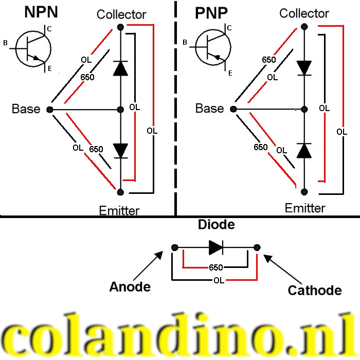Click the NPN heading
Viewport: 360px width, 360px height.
pos(42,13)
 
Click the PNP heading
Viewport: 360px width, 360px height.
pos(211,13)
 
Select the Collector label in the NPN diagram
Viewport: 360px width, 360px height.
pos(121,14)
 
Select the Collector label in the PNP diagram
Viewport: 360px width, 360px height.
pos(304,13)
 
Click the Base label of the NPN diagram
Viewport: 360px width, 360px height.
pos(26,109)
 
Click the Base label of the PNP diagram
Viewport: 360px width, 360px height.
pos(209,109)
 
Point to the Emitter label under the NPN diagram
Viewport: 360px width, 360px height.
pos(119,210)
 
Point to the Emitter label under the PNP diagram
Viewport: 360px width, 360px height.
pos(305,208)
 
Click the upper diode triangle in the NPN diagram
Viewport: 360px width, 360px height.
pos(120,68)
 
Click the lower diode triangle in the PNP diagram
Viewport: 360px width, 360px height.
pos(304,151)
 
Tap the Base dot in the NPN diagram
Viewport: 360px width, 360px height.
pos(49,110)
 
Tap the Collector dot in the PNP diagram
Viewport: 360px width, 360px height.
pos(303,26)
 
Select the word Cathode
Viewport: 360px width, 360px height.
pos(314,290)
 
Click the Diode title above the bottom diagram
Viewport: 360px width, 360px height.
pos(216,225)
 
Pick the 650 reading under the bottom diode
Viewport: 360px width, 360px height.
pos(215,268)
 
